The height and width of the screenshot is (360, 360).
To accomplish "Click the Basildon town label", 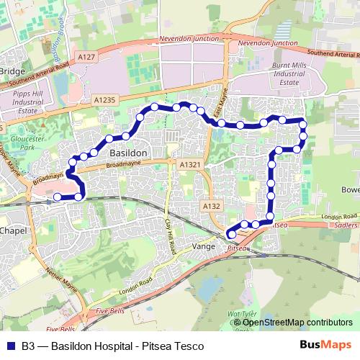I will point(128,153).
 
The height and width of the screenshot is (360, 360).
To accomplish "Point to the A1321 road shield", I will point(189,166).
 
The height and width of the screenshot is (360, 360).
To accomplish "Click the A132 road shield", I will point(211,206).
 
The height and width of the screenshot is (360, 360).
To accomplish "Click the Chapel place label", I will point(13,232).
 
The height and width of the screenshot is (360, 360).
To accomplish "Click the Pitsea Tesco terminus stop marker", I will point(231,233).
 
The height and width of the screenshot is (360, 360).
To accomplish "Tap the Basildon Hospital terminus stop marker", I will point(58,197).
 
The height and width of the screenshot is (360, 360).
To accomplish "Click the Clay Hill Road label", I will point(171,233).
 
